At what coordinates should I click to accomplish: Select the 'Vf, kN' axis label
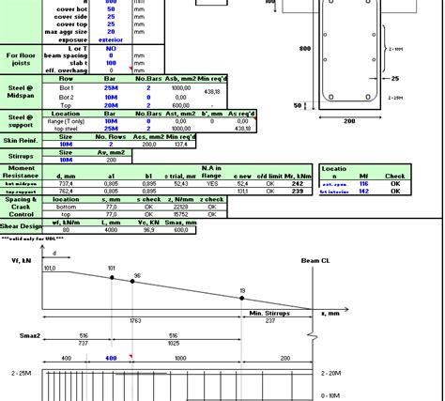20,259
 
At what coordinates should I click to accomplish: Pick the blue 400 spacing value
112,358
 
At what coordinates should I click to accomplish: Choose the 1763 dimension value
135,322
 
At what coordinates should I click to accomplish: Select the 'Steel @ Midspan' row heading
21,92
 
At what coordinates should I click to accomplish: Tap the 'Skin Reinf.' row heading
21,139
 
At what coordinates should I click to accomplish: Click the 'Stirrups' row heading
21,156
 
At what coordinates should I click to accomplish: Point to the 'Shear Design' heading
21,225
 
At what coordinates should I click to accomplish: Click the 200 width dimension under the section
350,121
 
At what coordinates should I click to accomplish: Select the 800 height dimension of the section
305,47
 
